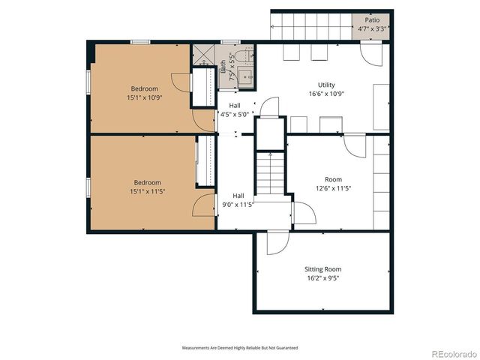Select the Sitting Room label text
point(322,268)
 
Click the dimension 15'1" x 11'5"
point(148,192)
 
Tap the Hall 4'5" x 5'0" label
point(235,110)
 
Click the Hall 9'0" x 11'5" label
point(238,199)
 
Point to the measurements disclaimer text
point(240,348)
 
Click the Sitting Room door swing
point(275,241)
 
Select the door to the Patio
point(369,52)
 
